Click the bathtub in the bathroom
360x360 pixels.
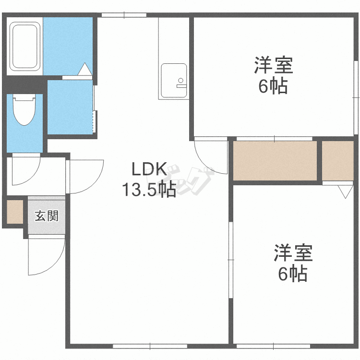[25, 47]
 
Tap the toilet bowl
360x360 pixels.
[24, 110]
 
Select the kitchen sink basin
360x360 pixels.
[174, 81]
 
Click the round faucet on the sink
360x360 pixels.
[181, 80]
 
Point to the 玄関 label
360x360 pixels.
[47, 216]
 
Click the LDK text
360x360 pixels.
[149, 169]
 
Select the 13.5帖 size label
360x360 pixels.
[149, 190]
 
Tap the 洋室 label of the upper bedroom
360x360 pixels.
[274, 65]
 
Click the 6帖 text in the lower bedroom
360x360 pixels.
[293, 274]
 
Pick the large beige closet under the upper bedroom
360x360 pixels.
[275, 161]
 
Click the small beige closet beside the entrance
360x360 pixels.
[15, 212]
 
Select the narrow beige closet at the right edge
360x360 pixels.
[338, 161]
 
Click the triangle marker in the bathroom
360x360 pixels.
[84, 69]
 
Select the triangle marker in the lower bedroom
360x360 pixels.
[345, 192]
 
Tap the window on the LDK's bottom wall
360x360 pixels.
[150, 346]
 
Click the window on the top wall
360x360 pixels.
[124, 15]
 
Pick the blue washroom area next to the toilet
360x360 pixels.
[70, 107]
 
